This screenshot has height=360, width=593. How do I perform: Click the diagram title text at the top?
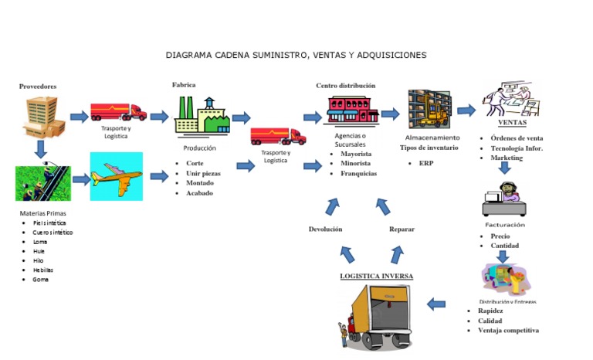296,56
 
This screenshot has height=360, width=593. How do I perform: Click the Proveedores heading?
38,87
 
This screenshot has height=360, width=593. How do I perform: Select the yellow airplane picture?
116,177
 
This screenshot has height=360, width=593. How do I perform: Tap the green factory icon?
203,117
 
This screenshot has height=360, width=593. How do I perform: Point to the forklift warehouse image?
429,111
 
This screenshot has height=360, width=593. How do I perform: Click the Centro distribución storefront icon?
352,110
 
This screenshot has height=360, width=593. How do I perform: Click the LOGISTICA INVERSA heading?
377,276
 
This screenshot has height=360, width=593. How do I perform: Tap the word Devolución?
325,229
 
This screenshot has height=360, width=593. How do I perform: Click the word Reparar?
402,229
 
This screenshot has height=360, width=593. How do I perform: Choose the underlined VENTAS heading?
512,123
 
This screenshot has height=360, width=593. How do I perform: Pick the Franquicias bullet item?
358,174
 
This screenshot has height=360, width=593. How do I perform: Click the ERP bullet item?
426,164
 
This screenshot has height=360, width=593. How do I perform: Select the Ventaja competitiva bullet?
508,331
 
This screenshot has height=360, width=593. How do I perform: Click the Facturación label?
505,225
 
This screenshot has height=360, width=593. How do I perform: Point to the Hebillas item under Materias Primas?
42,270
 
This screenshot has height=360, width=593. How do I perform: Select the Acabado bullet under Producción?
199,193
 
